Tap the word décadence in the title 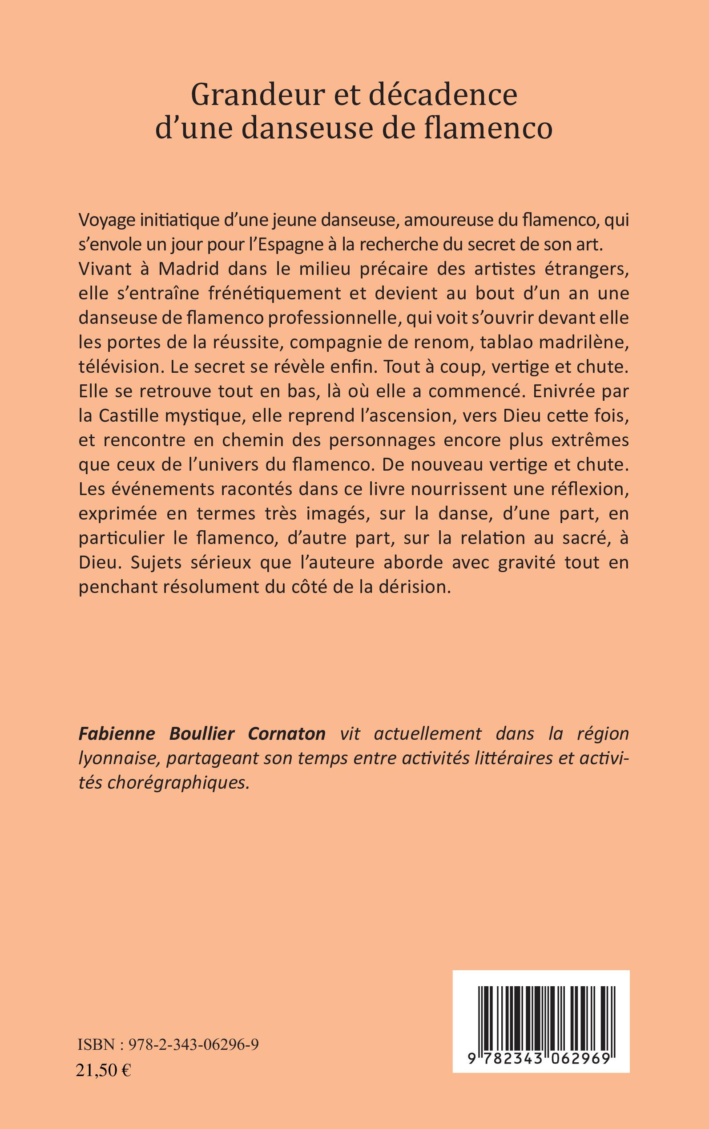[x=443, y=95]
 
